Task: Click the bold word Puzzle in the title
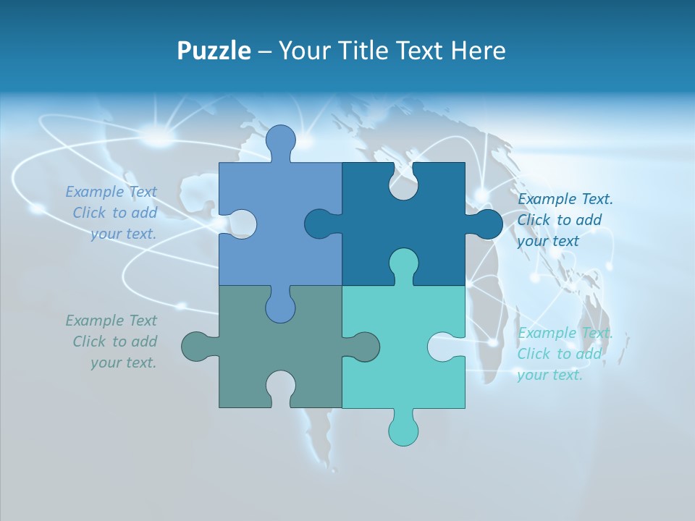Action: click(214, 51)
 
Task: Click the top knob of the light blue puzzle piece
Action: click(280, 140)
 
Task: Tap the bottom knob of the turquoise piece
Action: click(403, 428)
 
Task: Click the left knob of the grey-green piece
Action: click(197, 346)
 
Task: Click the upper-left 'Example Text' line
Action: click(111, 192)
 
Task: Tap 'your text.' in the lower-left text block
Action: click(123, 363)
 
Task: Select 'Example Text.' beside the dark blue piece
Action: click(565, 199)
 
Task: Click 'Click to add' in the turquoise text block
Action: click(559, 354)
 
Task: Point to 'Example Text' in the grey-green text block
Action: click(111, 320)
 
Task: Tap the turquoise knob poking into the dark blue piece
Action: click(403, 263)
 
